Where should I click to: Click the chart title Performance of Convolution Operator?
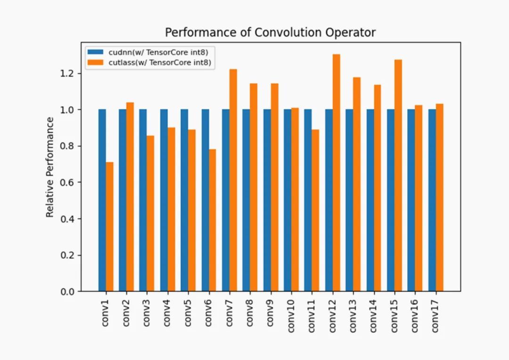point(270,33)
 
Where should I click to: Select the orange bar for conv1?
point(110,227)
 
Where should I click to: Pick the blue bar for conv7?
point(226,200)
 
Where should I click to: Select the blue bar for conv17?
point(432,200)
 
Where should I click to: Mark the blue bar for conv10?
point(287,200)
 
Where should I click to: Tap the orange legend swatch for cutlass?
point(95,62)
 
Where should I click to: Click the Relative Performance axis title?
point(50,167)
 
